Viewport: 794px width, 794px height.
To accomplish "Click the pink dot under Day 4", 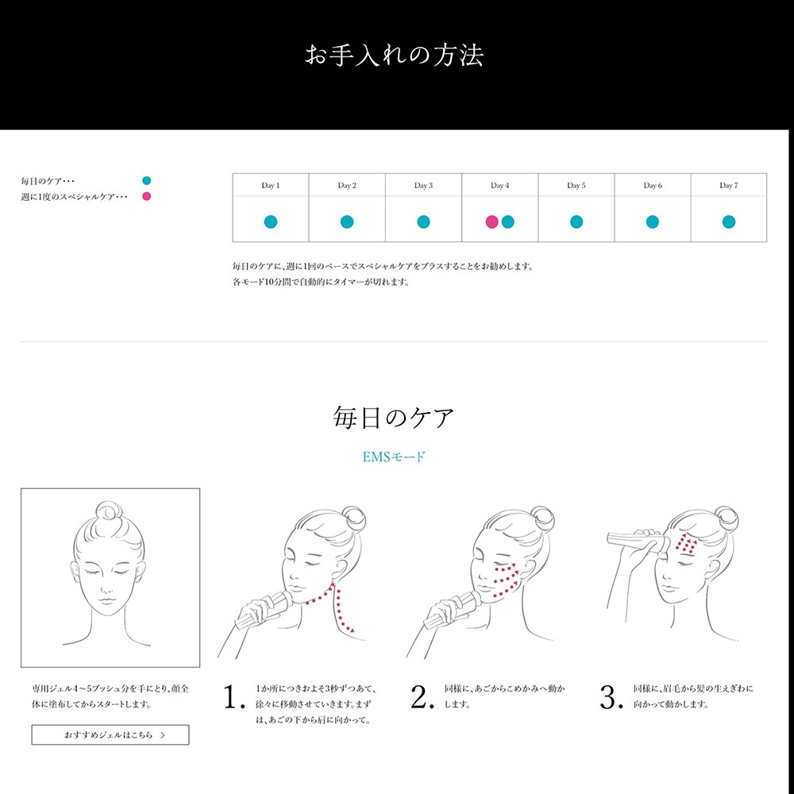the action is pos(491,222).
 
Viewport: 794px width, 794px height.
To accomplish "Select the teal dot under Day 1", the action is pos(271,222).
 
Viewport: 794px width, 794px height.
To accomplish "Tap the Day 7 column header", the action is pos(729,185).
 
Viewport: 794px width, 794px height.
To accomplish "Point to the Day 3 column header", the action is pos(423,185).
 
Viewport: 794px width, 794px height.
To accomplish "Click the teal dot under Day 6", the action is pos(653,222).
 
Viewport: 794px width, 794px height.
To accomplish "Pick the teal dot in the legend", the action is pos(147,181).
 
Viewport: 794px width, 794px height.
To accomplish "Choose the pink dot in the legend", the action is pos(147,196).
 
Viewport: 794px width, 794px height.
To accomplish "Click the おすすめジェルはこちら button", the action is pos(110,734).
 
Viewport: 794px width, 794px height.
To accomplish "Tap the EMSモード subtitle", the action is pos(394,457).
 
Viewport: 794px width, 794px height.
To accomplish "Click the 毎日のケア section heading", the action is pos(394,418).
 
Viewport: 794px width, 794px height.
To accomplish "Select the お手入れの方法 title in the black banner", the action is pos(394,55).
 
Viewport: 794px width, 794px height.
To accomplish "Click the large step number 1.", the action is pos(234,697).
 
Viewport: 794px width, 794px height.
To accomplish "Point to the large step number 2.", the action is pos(422,697).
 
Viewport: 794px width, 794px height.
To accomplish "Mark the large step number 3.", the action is pos(611,697).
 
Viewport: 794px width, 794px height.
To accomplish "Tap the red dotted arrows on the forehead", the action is pos(687,542).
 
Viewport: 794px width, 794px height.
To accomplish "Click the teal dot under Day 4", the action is pos(508,222).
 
